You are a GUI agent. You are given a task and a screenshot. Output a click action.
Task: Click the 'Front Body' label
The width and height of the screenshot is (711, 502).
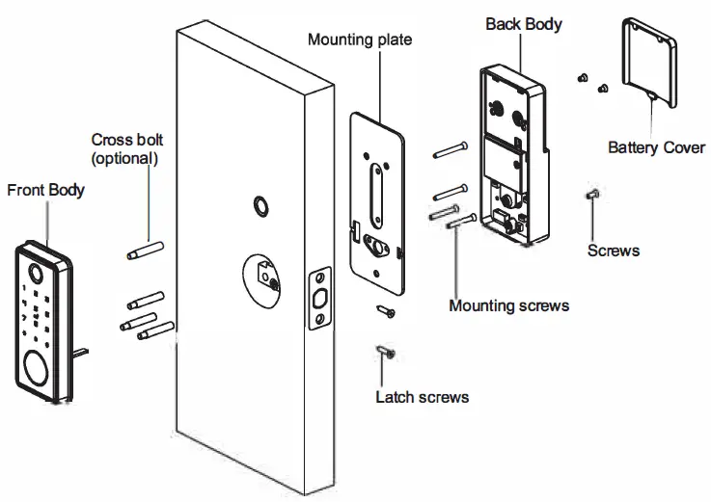[x=45, y=189]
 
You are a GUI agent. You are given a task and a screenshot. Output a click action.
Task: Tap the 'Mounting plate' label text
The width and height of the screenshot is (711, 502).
[x=359, y=40]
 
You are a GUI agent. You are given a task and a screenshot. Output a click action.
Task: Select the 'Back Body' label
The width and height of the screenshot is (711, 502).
[x=522, y=21]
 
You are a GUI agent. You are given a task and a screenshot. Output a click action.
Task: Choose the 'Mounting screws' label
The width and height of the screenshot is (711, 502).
[x=508, y=306]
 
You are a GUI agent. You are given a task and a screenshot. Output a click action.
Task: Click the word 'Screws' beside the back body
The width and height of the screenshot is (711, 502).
[x=613, y=251]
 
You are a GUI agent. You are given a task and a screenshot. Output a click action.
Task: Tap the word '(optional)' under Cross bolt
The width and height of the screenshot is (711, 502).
[x=123, y=156]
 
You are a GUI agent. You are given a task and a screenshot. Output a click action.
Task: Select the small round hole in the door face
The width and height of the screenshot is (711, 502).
[x=260, y=205]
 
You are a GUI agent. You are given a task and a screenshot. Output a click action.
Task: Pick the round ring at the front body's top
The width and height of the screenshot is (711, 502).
[x=34, y=272]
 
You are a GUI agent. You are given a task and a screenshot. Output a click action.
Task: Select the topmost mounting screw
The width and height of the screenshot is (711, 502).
[x=451, y=148]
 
